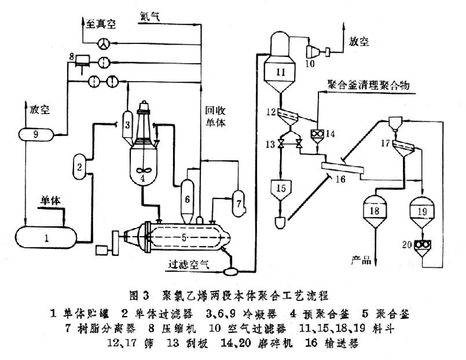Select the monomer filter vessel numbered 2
[79, 167]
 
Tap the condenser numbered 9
[36, 134]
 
